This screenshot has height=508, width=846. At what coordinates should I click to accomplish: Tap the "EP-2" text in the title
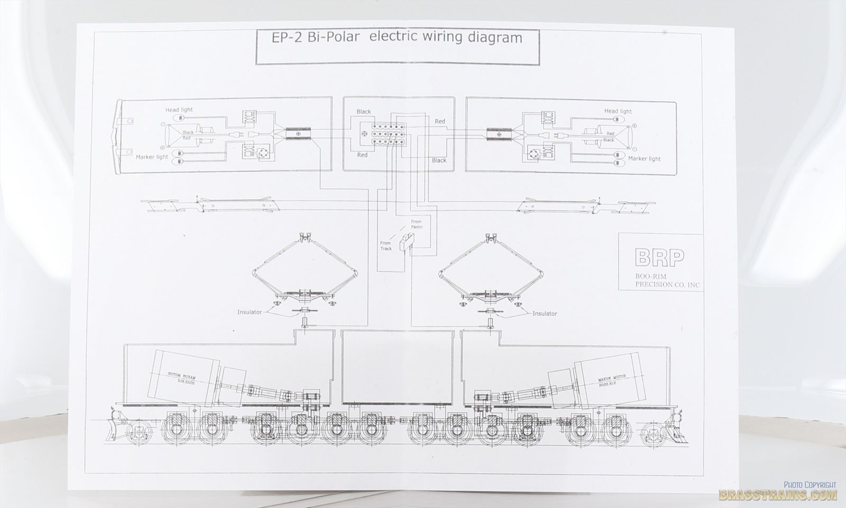(282, 38)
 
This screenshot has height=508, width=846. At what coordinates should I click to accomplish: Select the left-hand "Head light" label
(179, 110)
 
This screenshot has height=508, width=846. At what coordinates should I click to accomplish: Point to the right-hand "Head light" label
(618, 112)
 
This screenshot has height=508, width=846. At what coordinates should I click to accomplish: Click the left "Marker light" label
(152, 157)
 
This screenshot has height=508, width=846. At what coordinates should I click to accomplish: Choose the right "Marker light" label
(644, 159)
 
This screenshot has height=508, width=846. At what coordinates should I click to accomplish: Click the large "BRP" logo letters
(659, 258)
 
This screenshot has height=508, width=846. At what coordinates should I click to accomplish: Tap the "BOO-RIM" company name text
(652, 276)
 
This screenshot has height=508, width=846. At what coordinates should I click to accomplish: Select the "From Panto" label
(417, 224)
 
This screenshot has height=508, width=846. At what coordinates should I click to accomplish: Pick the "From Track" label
(386, 246)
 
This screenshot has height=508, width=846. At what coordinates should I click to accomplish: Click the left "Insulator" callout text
(250, 312)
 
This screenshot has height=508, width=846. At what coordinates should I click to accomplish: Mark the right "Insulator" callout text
(545, 314)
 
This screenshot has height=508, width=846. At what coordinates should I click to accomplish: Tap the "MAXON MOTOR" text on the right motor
(612, 378)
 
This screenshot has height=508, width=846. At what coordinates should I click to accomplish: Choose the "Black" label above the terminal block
(364, 112)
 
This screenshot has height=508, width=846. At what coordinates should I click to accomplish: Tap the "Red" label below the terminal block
(362, 155)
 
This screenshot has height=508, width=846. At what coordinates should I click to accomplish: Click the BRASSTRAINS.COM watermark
(777, 495)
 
